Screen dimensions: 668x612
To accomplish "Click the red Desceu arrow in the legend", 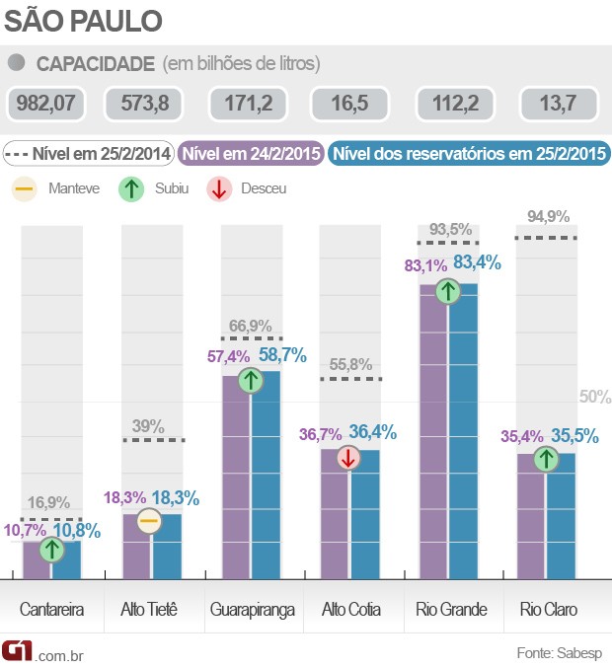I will tap(220, 187).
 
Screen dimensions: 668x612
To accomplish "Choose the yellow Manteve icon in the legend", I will tap(26, 187).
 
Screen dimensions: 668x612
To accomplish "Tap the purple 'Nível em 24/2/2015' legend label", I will tap(253, 154).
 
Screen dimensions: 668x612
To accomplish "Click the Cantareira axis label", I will tap(52, 609).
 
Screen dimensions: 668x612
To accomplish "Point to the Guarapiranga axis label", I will tap(252, 609).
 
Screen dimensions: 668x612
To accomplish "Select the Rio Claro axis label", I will tap(548, 609).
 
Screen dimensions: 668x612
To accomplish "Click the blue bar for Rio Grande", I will tap(463, 434).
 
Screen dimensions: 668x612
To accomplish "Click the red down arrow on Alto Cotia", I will tap(347, 457).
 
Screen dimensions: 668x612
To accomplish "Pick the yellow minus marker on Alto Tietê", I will tap(149, 521).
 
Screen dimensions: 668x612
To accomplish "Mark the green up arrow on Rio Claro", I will tap(545, 459).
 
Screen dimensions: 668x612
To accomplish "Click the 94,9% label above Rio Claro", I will tap(548, 217).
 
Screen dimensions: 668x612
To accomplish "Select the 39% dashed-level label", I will tap(148, 426).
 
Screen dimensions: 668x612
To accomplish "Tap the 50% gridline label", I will tap(595, 397).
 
